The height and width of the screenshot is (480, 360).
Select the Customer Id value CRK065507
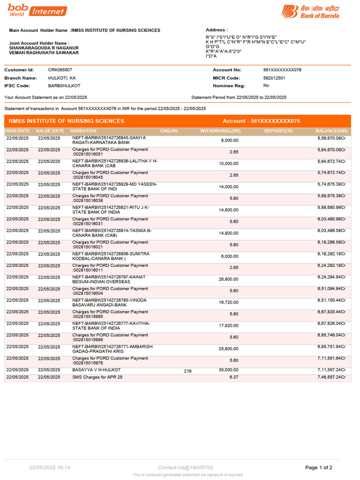point(60,70)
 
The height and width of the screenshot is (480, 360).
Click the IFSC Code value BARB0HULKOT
point(64,86)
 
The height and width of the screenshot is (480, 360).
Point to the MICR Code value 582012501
point(274,78)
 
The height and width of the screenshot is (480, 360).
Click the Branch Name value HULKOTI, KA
point(62,78)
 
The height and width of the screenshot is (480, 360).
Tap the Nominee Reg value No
point(266,86)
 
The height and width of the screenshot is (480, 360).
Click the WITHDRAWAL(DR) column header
point(220,131)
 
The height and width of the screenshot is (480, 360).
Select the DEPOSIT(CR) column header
point(278,131)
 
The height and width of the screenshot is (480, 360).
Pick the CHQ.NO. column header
point(169,131)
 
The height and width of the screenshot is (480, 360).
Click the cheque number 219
point(187,371)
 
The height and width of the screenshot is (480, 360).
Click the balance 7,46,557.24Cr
point(331,377)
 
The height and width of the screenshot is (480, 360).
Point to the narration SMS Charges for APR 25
point(97,377)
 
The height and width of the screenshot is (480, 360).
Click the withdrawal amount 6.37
point(234,377)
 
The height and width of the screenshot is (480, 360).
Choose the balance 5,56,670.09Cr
point(331,139)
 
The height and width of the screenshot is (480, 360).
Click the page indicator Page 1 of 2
point(319,467)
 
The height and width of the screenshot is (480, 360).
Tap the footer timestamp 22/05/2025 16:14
point(50,467)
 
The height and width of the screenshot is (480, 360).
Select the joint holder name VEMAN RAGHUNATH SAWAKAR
point(44,52)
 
